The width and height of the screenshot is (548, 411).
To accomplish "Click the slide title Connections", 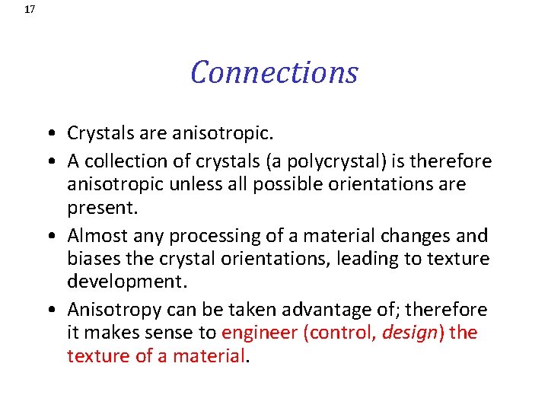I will tap(274, 72).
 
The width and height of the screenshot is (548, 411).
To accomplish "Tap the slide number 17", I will tap(30, 10).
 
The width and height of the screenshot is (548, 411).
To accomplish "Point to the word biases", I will tap(91, 259).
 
